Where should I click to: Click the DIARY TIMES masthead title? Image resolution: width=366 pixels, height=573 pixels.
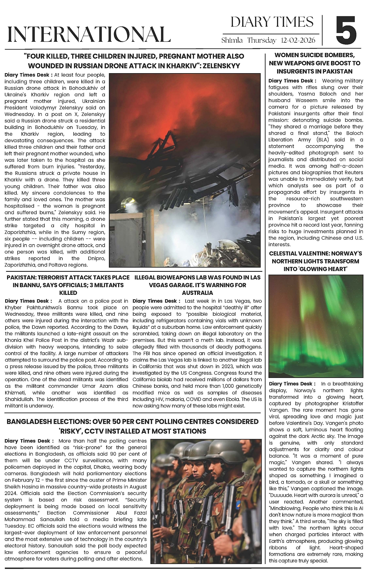click(272, 22)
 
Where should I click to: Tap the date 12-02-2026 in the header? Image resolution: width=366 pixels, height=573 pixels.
click(298, 41)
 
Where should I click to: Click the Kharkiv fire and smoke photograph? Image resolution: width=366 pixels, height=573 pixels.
click(185, 170)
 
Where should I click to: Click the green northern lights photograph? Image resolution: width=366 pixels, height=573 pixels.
click(316, 326)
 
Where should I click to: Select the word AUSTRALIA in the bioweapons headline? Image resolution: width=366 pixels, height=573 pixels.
click(197, 293)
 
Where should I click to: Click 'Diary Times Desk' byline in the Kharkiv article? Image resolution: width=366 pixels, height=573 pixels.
click(28, 75)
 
